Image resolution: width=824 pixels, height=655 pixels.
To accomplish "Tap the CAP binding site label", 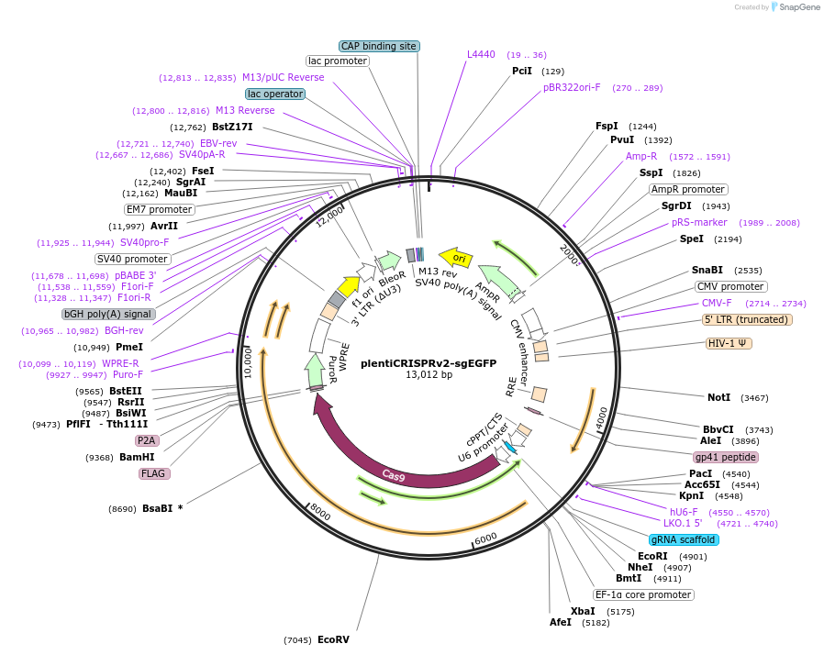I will click(379, 46).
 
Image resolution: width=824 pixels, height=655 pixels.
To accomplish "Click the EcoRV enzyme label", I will click(333, 639).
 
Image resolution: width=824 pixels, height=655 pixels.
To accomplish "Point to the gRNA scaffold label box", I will click(683, 539).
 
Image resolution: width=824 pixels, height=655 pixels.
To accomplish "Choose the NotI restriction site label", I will click(719, 397).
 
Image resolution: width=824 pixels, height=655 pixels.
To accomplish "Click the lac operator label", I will click(275, 94).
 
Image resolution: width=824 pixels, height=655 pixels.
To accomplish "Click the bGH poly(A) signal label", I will click(108, 314).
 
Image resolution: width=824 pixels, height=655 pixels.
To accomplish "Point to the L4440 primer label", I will click(481, 55).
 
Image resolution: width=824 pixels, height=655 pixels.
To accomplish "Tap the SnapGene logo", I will click(795, 7).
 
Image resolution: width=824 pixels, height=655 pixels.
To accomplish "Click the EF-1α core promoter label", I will click(642, 594).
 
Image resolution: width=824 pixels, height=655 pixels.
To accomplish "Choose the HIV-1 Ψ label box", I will click(729, 343).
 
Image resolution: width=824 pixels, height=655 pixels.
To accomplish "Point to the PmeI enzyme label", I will click(129, 347).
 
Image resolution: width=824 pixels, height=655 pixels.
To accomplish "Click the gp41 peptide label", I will click(726, 456).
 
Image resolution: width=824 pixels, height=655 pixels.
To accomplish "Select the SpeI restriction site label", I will click(692, 239).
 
